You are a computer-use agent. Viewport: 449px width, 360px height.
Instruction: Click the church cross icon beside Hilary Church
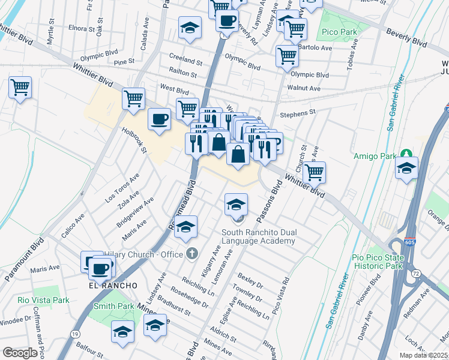click(191, 253)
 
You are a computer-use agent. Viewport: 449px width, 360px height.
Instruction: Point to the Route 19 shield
click(76, 334)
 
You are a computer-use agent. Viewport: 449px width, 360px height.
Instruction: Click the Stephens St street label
click(297, 113)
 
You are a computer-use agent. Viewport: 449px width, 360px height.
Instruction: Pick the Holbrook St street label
click(134, 139)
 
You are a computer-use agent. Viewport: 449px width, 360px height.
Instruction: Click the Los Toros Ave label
click(122, 187)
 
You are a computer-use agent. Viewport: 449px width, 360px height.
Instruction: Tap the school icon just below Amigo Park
click(406, 169)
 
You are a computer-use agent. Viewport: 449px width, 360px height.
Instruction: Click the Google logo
click(20, 352)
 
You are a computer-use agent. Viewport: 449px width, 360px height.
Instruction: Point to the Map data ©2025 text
click(423, 355)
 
